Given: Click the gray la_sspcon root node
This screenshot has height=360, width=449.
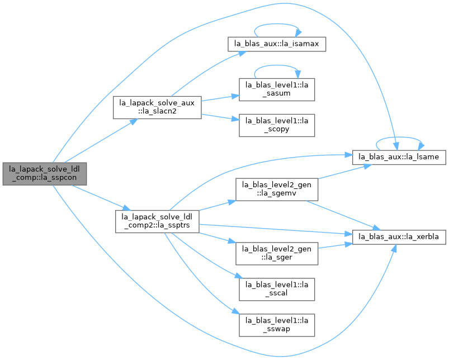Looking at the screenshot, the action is tap(45, 174).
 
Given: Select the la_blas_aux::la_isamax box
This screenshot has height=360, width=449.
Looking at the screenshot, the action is tap(277, 44).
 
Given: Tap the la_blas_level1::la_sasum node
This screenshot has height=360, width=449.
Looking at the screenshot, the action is tap(277, 89).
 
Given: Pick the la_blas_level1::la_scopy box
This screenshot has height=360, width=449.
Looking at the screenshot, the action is tap(277, 125).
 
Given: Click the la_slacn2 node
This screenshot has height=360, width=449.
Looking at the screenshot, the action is tap(157, 107).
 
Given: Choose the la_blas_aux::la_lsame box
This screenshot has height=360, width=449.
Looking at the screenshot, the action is tap(399, 157).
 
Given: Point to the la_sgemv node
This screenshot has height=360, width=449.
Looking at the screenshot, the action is tap(277, 189).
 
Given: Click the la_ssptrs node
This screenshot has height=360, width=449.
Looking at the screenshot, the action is tap(157, 221).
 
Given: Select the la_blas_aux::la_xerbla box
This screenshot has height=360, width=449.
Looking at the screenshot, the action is tap(399, 237).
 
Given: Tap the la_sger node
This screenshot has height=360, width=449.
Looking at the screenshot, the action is tap(277, 254).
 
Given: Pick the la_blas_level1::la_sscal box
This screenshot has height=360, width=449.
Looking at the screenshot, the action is tap(277, 290).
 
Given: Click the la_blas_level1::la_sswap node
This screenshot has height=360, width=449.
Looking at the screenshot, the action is tap(277, 325).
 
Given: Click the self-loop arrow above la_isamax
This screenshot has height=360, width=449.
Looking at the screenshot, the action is tap(277, 25).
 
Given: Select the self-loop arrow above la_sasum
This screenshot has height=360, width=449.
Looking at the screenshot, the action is tap(277, 65).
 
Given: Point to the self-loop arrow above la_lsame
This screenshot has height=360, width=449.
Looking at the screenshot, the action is tap(399, 138).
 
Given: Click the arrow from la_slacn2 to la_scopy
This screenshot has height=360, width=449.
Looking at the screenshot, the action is tap(220, 117).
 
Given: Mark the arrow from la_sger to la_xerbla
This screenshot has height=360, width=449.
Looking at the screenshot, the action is tap(335, 245).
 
